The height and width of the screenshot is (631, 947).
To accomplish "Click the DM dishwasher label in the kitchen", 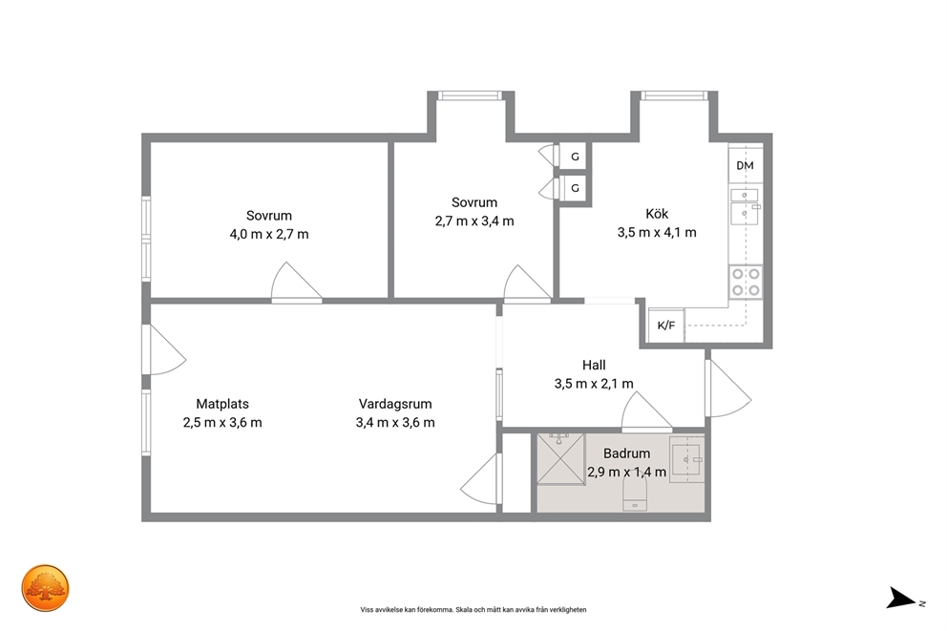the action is point(745,165).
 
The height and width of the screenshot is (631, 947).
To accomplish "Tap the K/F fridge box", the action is point(666,326).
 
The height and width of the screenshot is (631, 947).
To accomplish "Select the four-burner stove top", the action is point(746,282).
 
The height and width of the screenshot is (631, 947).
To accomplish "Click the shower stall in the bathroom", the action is point(560,459).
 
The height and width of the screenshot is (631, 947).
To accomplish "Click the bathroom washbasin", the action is point(686,460).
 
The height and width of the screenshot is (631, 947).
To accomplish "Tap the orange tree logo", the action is point(45,588).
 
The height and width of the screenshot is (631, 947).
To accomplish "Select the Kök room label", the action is point(657,214).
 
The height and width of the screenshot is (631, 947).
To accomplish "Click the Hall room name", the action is point(594,365).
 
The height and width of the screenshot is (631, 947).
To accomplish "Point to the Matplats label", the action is point(222,404).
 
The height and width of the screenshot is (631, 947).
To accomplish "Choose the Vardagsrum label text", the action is point(395,404).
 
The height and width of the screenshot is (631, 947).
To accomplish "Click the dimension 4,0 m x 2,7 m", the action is point(269,234).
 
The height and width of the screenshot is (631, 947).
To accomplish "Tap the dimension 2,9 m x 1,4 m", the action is point(627,473).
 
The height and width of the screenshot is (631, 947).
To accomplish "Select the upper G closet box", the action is point(575,157).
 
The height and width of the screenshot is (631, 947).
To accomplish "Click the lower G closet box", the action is point(575,188).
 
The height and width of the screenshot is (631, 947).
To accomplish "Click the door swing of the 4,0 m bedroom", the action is point(295,282).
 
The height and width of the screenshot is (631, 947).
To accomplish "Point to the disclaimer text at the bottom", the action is point(473,610).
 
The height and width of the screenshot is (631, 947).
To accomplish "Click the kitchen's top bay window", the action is point(674,95).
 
